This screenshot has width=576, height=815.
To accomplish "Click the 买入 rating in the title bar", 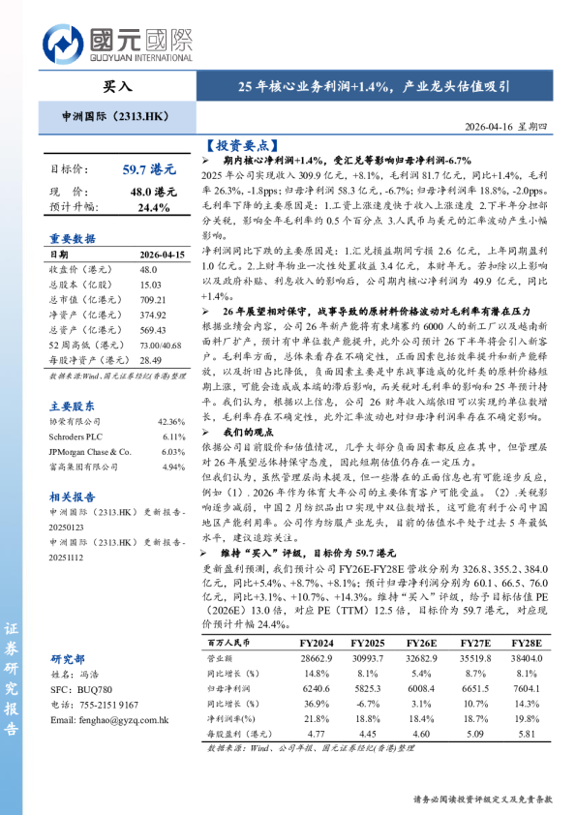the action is click(118, 86).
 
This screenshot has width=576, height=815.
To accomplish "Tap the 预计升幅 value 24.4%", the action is click(153, 207).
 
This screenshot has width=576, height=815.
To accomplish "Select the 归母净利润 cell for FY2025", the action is click(369, 686).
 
